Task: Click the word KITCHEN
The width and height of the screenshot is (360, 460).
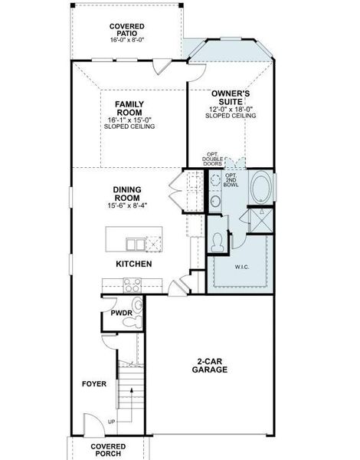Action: [x=133, y=264]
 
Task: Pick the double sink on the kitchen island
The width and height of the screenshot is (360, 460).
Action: [x=135, y=245]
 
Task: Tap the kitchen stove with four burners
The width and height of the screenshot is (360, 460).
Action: [x=133, y=285]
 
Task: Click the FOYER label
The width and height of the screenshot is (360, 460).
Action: [x=94, y=383]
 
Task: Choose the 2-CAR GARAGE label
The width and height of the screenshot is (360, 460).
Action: [x=210, y=365]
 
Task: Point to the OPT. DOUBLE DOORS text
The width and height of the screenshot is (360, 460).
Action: [x=212, y=159]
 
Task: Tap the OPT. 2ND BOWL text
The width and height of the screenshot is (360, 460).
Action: [x=231, y=179]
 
